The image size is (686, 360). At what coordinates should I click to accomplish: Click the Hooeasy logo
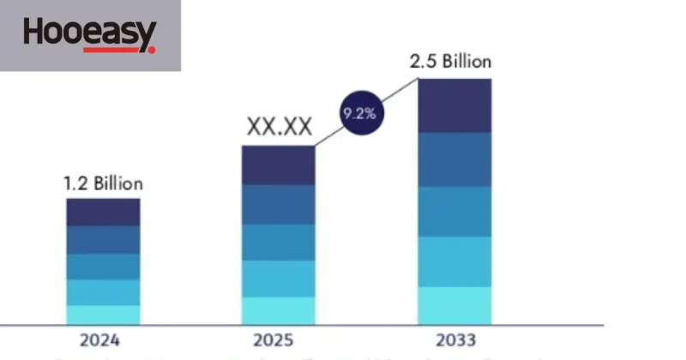click(90, 35)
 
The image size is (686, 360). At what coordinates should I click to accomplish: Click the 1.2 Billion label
click(103, 183)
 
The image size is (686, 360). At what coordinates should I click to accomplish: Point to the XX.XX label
click(279, 128)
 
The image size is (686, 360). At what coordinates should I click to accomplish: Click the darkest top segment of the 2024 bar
click(103, 213)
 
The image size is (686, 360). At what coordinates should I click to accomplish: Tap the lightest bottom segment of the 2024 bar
click(103, 315)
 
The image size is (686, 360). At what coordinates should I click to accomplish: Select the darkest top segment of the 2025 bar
click(279, 165)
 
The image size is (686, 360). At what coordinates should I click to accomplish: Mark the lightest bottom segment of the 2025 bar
click(279, 310)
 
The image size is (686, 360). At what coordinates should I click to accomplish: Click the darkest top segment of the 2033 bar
click(454, 105)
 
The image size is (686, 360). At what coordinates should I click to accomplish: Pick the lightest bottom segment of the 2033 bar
click(454, 305)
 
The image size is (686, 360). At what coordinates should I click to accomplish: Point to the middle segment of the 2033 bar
click(454, 211)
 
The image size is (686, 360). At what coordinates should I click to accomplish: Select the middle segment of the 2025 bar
click(279, 243)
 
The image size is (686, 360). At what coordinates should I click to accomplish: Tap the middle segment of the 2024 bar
click(103, 266)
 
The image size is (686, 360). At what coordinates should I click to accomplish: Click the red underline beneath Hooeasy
click(119, 51)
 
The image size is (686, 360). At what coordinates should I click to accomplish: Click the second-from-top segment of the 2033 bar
click(454, 159)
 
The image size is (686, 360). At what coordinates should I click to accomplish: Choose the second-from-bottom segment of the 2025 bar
click(279, 279)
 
